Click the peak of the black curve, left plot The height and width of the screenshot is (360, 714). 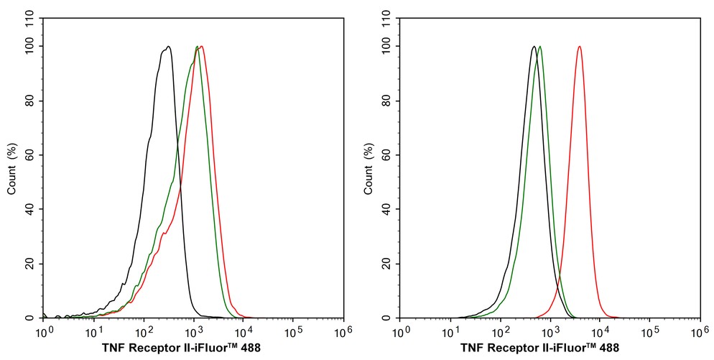(168, 47)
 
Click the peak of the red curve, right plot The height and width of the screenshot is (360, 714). (579, 47)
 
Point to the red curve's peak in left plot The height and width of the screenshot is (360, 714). (202, 47)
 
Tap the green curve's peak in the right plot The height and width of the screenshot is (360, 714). (539, 47)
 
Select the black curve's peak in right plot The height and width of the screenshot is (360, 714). (533, 47)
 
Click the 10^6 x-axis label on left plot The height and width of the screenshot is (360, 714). (343, 332)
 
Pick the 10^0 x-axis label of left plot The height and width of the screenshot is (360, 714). (43, 332)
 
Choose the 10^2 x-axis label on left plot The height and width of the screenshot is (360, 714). (143, 332)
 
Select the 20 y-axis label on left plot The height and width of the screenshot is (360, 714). (29, 264)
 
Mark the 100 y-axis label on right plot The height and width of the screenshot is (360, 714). (386, 47)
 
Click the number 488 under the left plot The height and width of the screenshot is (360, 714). (250, 348)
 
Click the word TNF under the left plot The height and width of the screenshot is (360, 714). (114, 348)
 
